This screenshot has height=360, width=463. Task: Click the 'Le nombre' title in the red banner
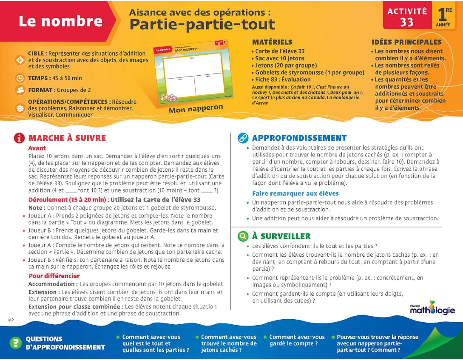tap(60, 21)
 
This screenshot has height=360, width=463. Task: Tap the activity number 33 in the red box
tap(406, 22)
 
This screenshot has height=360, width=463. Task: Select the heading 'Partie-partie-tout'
tap(202, 25)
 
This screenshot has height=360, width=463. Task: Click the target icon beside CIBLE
tap(20, 60)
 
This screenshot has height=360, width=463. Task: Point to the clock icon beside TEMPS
tap(20, 78)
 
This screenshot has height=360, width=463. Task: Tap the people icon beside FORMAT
tap(20, 90)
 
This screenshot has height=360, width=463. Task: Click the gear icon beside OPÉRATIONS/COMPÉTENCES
tap(20, 108)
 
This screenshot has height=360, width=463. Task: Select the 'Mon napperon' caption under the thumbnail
tap(196, 109)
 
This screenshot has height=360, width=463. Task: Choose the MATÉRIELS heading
tap(272, 42)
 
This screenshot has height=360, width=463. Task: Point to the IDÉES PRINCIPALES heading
tap(406, 42)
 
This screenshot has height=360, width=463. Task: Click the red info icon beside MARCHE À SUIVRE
tap(19, 138)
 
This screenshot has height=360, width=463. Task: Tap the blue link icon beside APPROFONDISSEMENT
tap(242, 138)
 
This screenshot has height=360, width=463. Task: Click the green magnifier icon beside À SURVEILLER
tap(242, 236)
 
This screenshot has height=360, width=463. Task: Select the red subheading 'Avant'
tap(37, 148)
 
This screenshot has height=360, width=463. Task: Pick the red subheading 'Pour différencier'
tap(54, 276)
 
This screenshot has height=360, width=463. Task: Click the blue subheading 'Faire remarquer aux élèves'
tap(295, 193)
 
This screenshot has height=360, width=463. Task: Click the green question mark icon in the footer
tap(15, 343)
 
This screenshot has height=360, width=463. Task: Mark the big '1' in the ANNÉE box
tap(442, 14)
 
